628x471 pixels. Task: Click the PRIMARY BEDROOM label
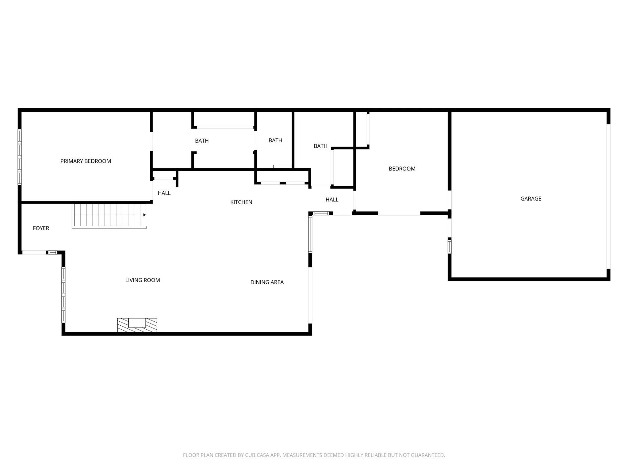86,161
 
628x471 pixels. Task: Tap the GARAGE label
531,199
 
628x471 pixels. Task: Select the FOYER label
41,228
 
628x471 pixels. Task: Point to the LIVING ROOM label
143,280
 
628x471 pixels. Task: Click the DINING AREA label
267,282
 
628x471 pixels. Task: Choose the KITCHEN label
241,202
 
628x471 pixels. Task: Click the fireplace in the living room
137,325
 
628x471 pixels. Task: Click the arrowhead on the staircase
144,215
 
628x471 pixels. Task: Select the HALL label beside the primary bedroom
164,193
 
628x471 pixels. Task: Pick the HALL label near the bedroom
332,200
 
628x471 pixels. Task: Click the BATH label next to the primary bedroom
202,141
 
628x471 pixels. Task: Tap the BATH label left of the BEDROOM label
320,146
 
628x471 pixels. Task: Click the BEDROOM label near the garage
402,169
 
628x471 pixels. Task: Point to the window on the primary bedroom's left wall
20,157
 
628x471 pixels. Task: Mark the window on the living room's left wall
63,294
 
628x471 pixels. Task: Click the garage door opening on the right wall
608,196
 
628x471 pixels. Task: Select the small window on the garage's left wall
450,246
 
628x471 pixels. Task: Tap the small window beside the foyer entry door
53,253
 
